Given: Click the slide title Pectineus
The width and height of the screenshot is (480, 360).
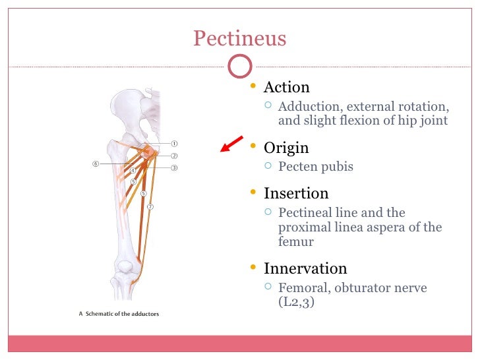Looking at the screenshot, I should (239, 38).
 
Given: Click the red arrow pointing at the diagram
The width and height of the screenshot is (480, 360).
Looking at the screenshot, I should (231, 142).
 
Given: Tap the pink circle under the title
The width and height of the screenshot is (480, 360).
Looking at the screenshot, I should (239, 65).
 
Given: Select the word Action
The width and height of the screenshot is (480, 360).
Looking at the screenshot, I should (286, 88).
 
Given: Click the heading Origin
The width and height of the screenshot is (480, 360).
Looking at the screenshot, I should (286, 148).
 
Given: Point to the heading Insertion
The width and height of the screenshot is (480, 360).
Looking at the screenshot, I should (296, 193).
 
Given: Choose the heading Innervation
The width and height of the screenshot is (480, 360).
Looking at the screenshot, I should (305, 268).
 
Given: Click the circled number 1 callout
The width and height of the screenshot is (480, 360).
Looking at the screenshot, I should (175, 143).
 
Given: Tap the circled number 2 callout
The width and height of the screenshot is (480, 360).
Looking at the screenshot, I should (175, 156).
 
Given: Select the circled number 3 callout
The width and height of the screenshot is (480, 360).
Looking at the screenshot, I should (175, 167).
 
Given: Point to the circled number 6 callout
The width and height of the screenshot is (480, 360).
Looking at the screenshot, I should (96, 164).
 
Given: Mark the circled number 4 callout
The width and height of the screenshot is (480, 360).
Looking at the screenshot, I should (133, 170).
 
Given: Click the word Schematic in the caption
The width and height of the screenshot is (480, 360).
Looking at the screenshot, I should (101, 314).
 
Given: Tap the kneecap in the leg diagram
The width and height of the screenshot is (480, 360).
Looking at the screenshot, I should (126, 267).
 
